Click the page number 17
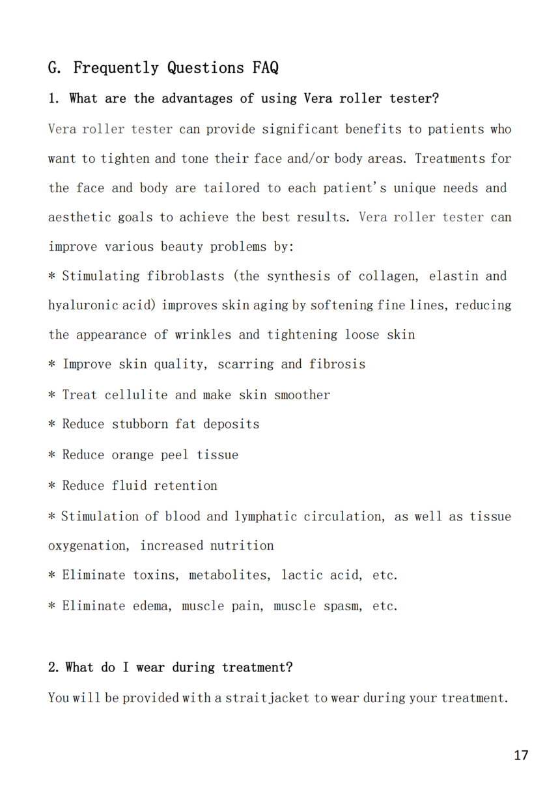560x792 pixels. [521, 755]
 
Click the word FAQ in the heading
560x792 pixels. [266, 68]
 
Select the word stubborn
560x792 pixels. [140, 424]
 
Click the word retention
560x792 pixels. [186, 486]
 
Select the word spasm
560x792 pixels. [344, 606]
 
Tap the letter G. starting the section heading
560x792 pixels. [55, 68]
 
